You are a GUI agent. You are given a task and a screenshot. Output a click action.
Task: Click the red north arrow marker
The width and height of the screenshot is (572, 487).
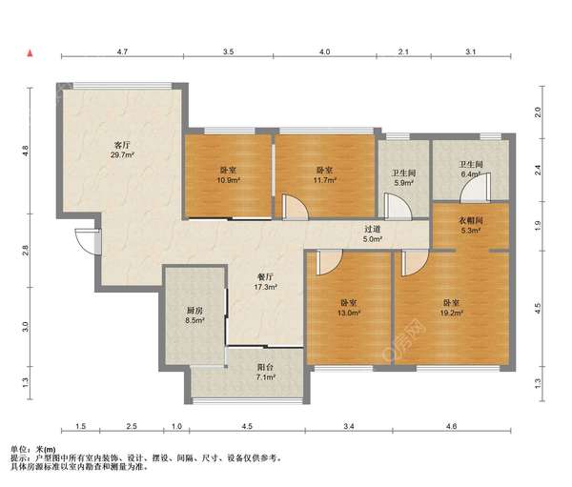click(x=31, y=53)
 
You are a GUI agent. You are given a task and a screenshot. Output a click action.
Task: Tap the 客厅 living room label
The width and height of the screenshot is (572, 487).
click(x=122, y=145)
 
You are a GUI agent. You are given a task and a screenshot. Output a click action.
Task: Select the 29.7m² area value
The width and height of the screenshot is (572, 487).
click(x=123, y=154)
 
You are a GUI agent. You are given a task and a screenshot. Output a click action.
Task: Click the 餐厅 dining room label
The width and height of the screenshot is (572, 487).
click(x=265, y=277)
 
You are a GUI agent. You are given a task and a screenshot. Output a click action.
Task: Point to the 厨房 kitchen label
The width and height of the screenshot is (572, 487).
click(x=194, y=311)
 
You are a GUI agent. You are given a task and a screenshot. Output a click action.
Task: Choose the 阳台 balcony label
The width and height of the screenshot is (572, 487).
click(x=265, y=367)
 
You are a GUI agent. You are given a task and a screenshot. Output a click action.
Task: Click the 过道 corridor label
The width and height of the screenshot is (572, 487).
click(x=373, y=229)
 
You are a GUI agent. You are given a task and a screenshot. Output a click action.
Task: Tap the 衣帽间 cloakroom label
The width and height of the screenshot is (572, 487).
click(x=471, y=220)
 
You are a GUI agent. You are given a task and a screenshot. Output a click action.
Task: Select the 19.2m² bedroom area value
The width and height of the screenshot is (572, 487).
click(x=451, y=313)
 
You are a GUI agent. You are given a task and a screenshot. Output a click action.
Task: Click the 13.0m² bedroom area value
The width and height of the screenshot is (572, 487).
click(x=349, y=313)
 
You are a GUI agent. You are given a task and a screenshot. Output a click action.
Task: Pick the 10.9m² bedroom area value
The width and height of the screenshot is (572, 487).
click(x=228, y=180)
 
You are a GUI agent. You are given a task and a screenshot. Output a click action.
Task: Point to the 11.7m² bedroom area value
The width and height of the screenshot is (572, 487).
click(x=324, y=180)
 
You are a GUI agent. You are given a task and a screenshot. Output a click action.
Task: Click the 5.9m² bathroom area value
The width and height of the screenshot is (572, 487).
click(x=403, y=183)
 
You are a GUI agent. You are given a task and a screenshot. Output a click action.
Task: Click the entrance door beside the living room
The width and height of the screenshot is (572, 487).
click(x=88, y=241)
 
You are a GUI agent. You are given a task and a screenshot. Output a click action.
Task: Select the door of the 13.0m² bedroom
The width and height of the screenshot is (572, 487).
click(x=329, y=263)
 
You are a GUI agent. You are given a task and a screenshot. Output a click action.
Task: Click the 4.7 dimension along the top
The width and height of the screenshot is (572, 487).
click(x=122, y=51)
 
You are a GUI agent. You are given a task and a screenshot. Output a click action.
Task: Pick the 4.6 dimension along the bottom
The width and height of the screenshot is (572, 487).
click(x=451, y=426)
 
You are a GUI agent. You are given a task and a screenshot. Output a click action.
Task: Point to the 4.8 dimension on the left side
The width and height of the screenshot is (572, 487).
click(x=25, y=151)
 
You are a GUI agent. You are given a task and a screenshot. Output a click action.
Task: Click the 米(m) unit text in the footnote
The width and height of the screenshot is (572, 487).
click(x=46, y=450)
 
